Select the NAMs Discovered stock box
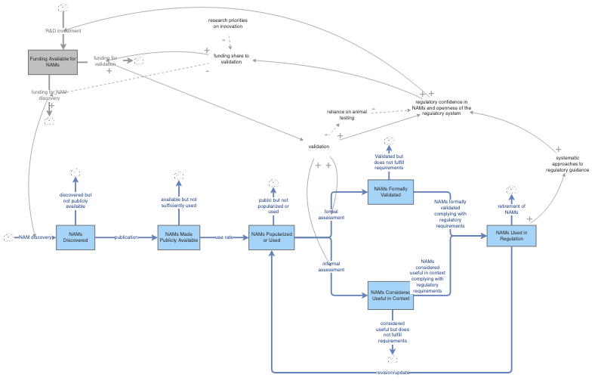point(75,237)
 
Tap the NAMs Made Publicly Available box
point(179,237)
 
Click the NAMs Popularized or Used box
point(270,237)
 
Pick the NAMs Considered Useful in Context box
point(391,295)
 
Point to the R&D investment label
point(63,31)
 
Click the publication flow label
point(126,237)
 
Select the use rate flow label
point(224,237)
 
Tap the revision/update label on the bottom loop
point(391,373)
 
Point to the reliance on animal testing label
point(346,114)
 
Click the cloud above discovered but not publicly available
point(75,175)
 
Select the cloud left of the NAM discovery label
point(8,237)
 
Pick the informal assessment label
point(331,266)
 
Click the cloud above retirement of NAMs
point(511,190)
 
